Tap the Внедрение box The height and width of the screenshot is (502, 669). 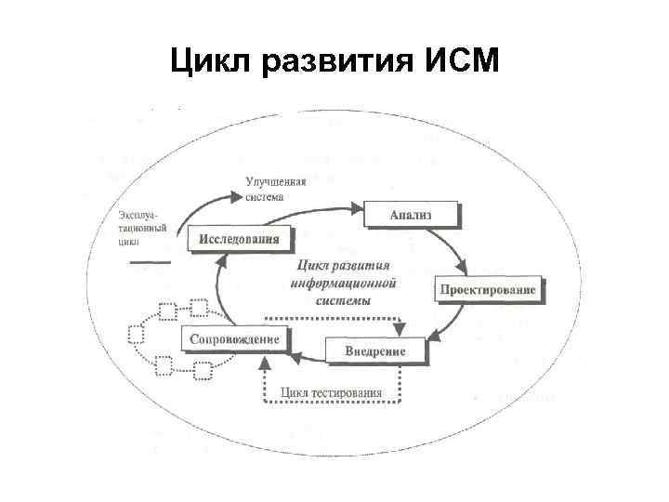coord(375,350)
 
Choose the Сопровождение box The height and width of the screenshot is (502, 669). coord(234,338)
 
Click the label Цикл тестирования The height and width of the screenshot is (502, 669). coord(331,392)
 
